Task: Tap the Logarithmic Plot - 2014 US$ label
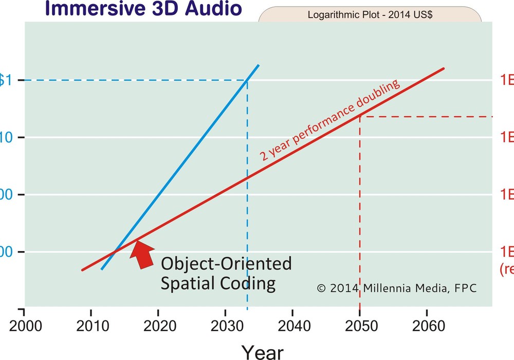[x=370, y=14]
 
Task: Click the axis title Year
[x=262, y=352]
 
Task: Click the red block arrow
[x=142, y=254]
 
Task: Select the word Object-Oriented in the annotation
[x=226, y=264]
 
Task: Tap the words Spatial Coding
[x=218, y=284]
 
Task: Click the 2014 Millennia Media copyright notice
[x=396, y=289]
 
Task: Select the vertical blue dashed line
[x=248, y=206]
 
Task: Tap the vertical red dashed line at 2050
[x=360, y=216]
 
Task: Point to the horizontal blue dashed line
[x=128, y=80]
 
